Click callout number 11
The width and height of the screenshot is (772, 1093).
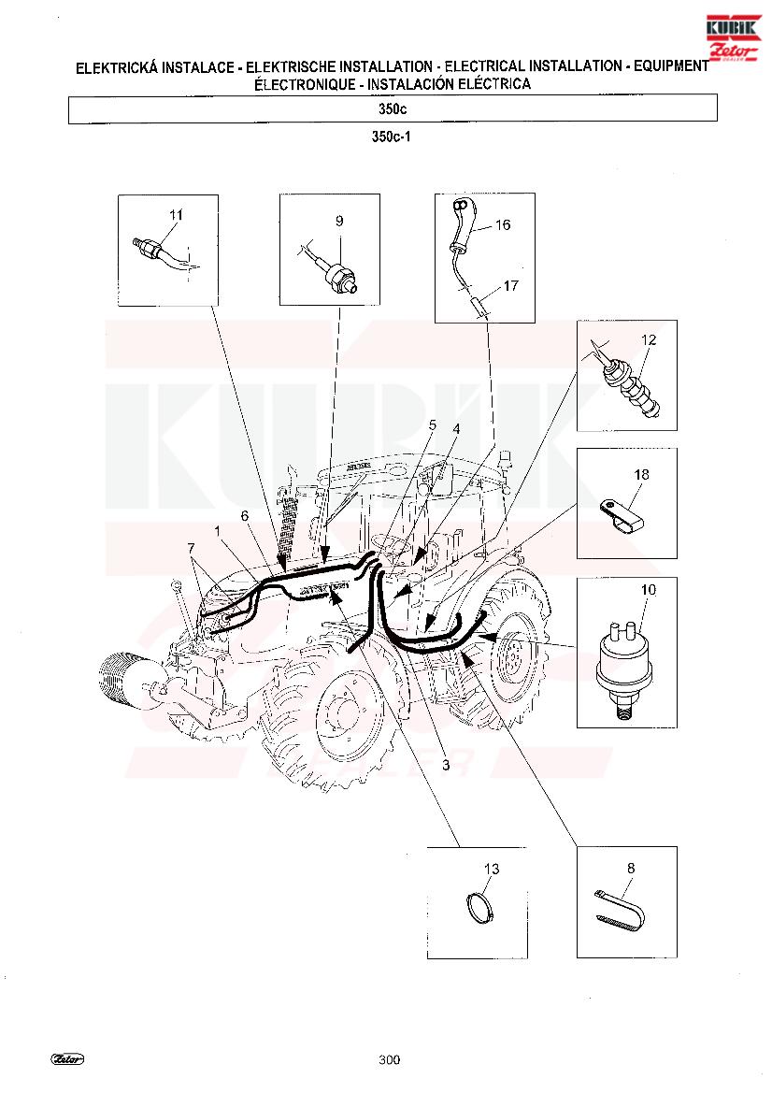(176, 215)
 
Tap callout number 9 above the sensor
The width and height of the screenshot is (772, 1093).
(339, 221)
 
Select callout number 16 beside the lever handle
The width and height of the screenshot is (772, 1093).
(503, 224)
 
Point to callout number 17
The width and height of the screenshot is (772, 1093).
(510, 285)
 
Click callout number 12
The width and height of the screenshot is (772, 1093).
(649, 339)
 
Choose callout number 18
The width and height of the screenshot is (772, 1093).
(642, 474)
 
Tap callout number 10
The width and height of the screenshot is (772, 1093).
(649, 590)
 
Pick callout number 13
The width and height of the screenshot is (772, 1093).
(492, 869)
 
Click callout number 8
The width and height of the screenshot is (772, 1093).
(631, 868)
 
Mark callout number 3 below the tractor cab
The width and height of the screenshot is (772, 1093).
(446, 765)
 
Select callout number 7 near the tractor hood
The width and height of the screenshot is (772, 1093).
(192, 548)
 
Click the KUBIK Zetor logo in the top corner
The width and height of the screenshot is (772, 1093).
(733, 37)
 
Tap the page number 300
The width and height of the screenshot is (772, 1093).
(389, 1059)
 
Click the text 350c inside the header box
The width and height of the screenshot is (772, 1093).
(393, 108)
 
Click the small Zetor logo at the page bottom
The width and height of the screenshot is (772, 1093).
(67, 1059)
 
